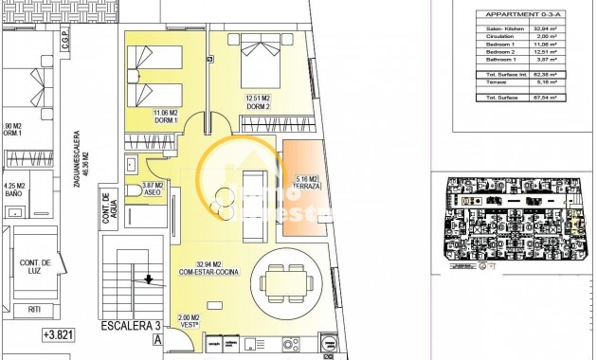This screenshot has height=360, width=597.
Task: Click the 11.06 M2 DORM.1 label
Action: pyautogui.click(x=167, y=117)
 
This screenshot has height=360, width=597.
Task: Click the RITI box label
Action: pyautogui.click(x=36, y=308)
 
